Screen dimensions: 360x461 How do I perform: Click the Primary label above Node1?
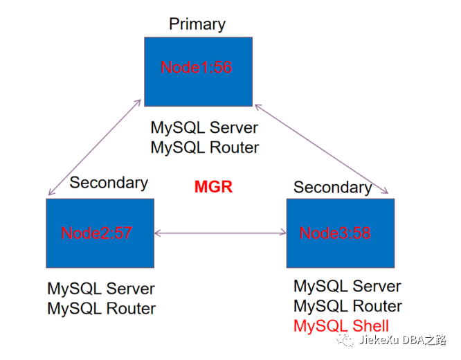(x=197, y=24)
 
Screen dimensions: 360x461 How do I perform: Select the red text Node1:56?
(x=196, y=67)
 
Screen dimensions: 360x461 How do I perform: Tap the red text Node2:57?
(x=96, y=233)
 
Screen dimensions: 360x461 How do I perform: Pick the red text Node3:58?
(x=335, y=233)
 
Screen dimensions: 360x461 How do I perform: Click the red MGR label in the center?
(x=213, y=187)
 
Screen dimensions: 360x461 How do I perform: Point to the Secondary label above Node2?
(x=109, y=183)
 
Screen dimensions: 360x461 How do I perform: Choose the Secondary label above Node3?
(x=332, y=187)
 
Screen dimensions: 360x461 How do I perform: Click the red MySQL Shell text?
(x=341, y=326)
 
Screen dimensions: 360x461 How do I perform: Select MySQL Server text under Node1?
(x=204, y=128)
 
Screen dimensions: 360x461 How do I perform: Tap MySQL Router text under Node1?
(x=204, y=147)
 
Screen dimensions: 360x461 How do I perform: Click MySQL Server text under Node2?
(x=101, y=289)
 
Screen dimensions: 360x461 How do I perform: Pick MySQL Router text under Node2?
(x=101, y=309)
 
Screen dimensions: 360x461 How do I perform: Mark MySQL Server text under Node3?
(x=347, y=286)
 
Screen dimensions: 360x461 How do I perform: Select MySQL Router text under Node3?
(x=347, y=306)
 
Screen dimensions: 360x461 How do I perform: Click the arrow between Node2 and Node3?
(x=220, y=233)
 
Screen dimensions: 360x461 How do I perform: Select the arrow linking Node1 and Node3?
(x=323, y=149)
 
